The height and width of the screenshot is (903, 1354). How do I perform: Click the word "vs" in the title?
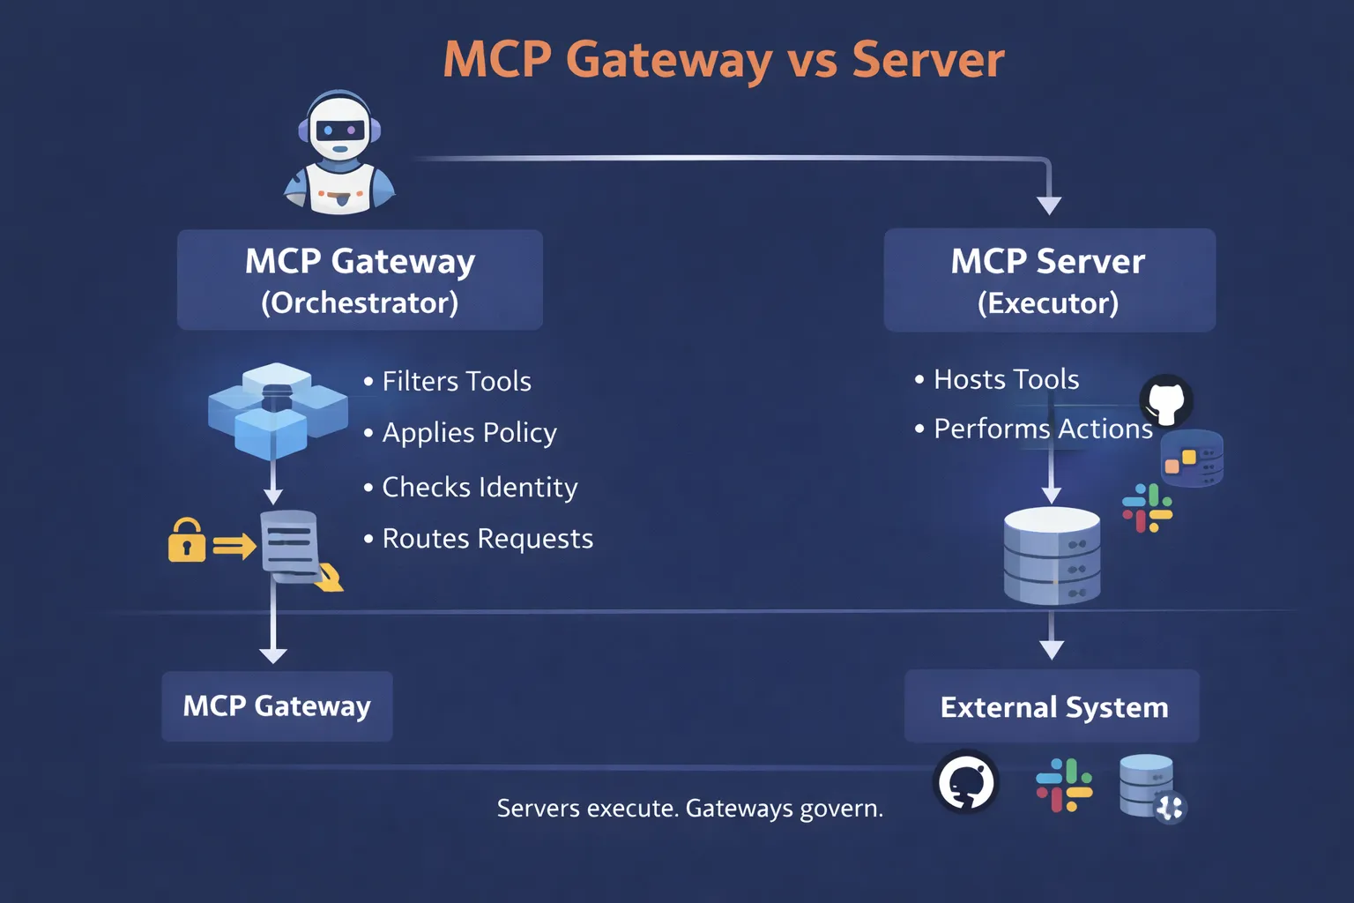(811, 60)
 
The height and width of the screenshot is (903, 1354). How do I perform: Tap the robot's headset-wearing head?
(339, 129)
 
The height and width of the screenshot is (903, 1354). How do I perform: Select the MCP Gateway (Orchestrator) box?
(360, 280)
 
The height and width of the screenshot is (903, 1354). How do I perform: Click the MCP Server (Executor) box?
(1049, 280)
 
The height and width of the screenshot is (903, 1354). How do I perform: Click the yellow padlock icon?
(186, 541)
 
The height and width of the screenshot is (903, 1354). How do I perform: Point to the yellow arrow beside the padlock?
(234, 547)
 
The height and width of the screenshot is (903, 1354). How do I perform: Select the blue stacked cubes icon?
(277, 409)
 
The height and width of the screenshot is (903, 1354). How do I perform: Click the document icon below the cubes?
(291, 547)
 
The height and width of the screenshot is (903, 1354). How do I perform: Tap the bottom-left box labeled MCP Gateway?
(277, 706)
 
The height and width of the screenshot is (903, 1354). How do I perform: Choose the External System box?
(1053, 707)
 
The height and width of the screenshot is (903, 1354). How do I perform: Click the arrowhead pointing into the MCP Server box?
(1049, 205)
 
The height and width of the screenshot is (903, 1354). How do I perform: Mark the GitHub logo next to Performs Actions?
(1166, 401)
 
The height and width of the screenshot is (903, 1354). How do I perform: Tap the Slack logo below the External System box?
(1064, 785)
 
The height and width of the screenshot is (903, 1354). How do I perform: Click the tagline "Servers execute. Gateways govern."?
(689, 808)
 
